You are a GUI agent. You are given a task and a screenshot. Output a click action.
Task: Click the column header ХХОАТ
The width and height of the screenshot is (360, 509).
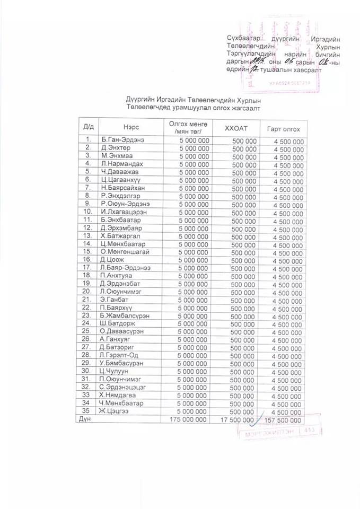(x=236, y=128)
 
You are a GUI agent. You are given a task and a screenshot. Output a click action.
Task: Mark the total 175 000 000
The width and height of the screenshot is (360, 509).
(x=188, y=419)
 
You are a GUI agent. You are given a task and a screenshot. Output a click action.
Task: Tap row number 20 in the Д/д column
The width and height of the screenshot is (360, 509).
(x=87, y=292)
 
